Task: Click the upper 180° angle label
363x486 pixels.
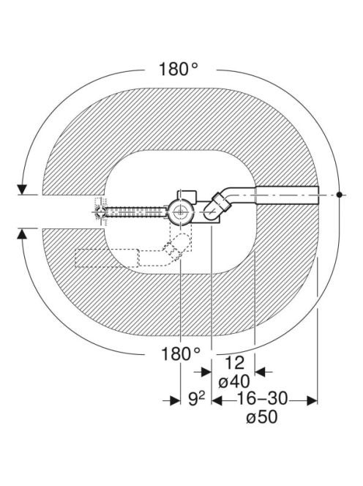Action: coord(179,69)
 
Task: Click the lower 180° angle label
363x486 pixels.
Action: coord(181,354)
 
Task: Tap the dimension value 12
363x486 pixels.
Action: coord(234,363)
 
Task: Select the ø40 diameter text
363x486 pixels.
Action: coord(234,381)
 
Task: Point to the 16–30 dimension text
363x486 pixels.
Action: coord(262,398)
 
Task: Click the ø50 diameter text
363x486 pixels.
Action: coord(262,417)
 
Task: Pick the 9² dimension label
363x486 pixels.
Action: coord(197,399)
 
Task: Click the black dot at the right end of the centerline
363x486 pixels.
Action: coord(340,195)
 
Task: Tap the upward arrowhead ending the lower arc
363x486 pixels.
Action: coord(21,233)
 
